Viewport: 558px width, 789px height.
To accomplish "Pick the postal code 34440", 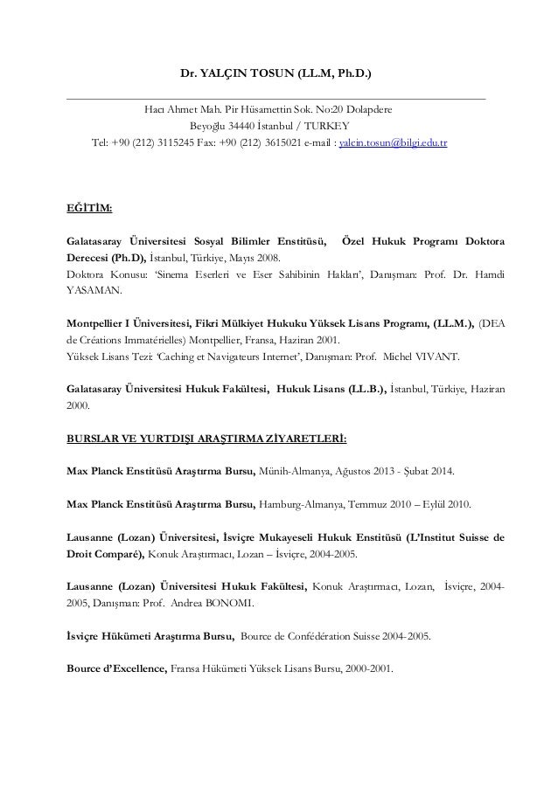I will (234, 126).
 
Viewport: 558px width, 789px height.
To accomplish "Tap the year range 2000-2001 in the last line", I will (367, 670).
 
